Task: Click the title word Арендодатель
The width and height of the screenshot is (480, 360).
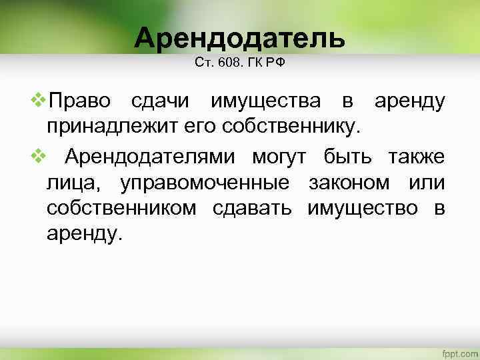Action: [240, 39]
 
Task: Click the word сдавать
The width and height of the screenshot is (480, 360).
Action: [252, 208]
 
